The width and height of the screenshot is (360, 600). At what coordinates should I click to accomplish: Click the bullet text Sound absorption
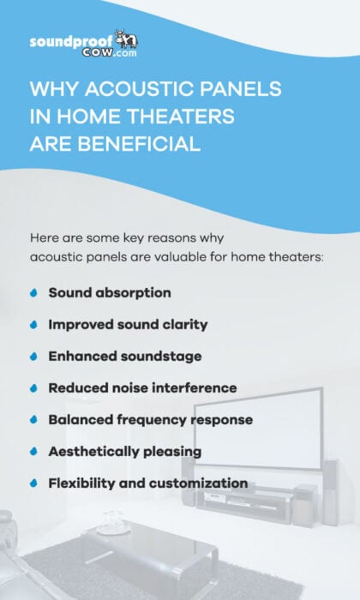pos(110,293)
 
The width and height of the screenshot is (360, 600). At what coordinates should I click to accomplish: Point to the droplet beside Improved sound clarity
pos(33,325)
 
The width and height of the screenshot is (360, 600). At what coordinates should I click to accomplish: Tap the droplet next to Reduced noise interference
pos(33,388)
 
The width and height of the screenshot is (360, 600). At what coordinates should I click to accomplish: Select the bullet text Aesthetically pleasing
pos(124,452)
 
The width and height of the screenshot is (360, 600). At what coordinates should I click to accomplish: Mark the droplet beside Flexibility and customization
pos(33,483)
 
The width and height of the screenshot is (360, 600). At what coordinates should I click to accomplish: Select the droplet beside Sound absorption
pos(33,293)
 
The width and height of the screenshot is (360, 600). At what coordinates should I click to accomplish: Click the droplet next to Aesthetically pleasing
pos(33,452)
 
